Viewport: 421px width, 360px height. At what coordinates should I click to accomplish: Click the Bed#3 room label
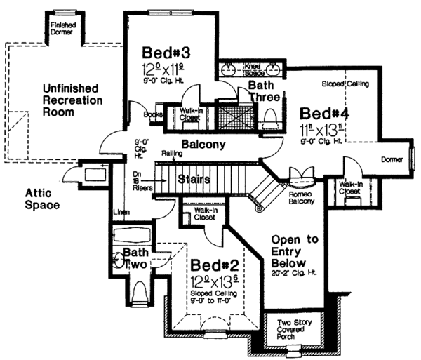(x=166, y=53)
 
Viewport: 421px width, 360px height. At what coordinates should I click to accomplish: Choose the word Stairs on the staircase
(x=194, y=179)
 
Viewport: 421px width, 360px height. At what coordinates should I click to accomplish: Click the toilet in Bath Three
(x=269, y=120)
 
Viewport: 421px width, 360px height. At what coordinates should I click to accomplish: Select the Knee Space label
(x=253, y=69)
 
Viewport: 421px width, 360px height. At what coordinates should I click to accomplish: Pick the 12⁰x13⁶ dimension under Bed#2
(x=212, y=281)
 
